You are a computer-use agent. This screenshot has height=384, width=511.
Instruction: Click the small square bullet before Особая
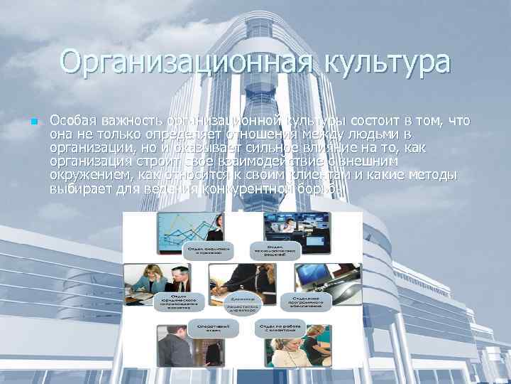33,122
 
